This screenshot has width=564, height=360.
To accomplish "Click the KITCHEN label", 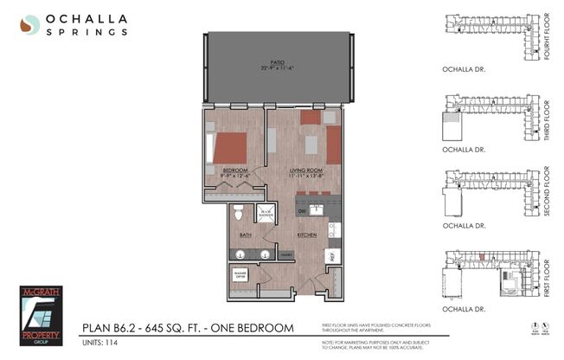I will click(307, 234).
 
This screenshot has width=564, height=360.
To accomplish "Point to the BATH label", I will click(245, 234).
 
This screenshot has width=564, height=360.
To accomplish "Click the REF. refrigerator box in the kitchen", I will click(330, 255).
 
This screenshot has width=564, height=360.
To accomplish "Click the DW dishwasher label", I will click(302, 210).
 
